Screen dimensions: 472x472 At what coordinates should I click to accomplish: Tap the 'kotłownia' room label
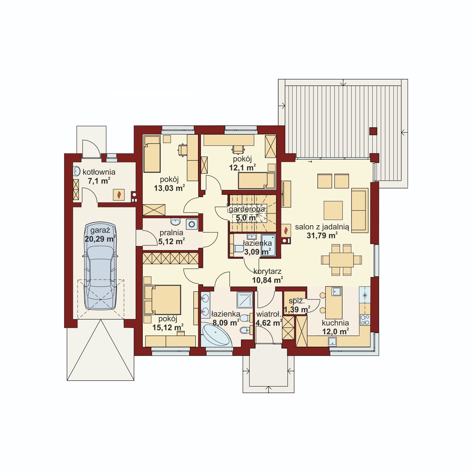pos(99,172)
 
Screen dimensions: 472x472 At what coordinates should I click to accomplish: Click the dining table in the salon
pos(341,260)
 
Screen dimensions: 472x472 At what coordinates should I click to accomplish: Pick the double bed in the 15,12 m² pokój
pos(163,300)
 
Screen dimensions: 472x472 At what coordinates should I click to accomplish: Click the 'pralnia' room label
pos(171,233)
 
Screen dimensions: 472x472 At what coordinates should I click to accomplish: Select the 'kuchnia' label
pos(335,323)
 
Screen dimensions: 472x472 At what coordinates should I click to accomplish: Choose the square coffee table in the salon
pos(333,211)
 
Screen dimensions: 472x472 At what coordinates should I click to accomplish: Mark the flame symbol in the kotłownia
pos(119,194)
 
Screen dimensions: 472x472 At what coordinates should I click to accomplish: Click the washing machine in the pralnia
pos(192,224)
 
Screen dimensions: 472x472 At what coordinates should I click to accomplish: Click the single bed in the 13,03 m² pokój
pos(152,154)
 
